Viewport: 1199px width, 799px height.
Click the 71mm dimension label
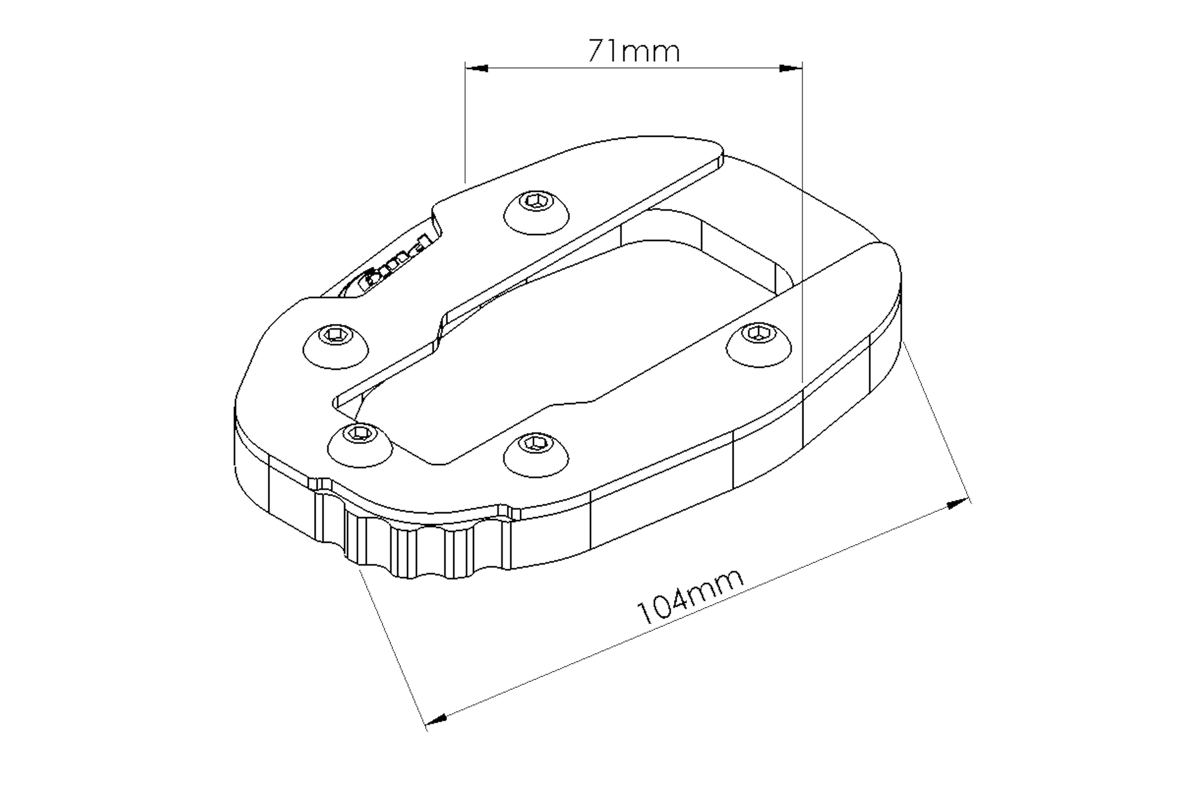(x=634, y=51)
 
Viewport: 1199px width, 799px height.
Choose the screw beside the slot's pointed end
(x=360, y=444)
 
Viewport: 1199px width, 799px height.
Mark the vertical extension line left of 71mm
(x=465, y=122)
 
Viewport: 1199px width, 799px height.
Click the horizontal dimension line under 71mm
(x=634, y=68)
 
